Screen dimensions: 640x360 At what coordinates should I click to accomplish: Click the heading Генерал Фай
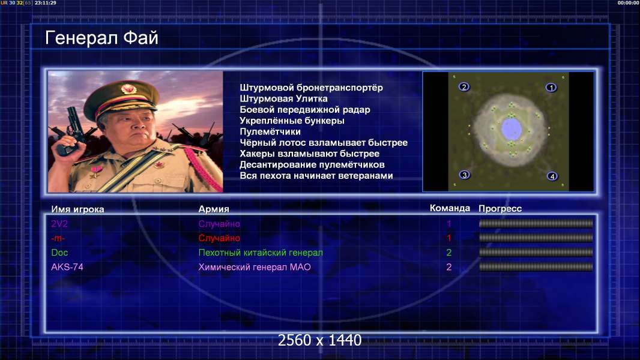coord(101,38)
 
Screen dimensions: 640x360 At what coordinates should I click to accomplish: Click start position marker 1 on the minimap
coord(551,88)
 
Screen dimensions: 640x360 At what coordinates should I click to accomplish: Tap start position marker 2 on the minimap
coord(463,87)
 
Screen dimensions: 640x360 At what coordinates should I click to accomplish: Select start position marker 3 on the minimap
coord(464,175)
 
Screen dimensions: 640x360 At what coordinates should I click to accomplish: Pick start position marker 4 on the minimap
coord(552,176)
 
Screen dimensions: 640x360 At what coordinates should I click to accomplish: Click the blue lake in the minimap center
coord(511,128)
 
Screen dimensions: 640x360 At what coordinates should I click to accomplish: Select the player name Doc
coord(59,253)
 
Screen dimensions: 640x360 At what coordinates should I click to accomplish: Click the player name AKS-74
coord(67,267)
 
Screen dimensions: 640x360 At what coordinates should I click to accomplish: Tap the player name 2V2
coord(59,224)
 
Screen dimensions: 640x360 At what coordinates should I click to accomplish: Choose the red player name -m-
coord(58,238)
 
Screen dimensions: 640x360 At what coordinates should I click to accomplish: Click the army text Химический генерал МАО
coord(255,267)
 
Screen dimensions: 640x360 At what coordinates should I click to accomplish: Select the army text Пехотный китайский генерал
coord(261,253)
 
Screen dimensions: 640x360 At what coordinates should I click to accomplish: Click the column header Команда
coord(450,208)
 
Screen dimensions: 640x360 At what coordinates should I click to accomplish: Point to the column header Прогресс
coord(500,209)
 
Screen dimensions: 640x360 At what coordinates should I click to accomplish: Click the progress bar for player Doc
coord(536,253)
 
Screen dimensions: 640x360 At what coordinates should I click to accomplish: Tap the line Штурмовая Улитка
coord(283,98)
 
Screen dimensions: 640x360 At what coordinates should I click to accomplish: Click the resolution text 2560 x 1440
coord(319,340)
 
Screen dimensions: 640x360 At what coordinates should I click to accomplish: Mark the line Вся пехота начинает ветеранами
coord(316,176)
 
